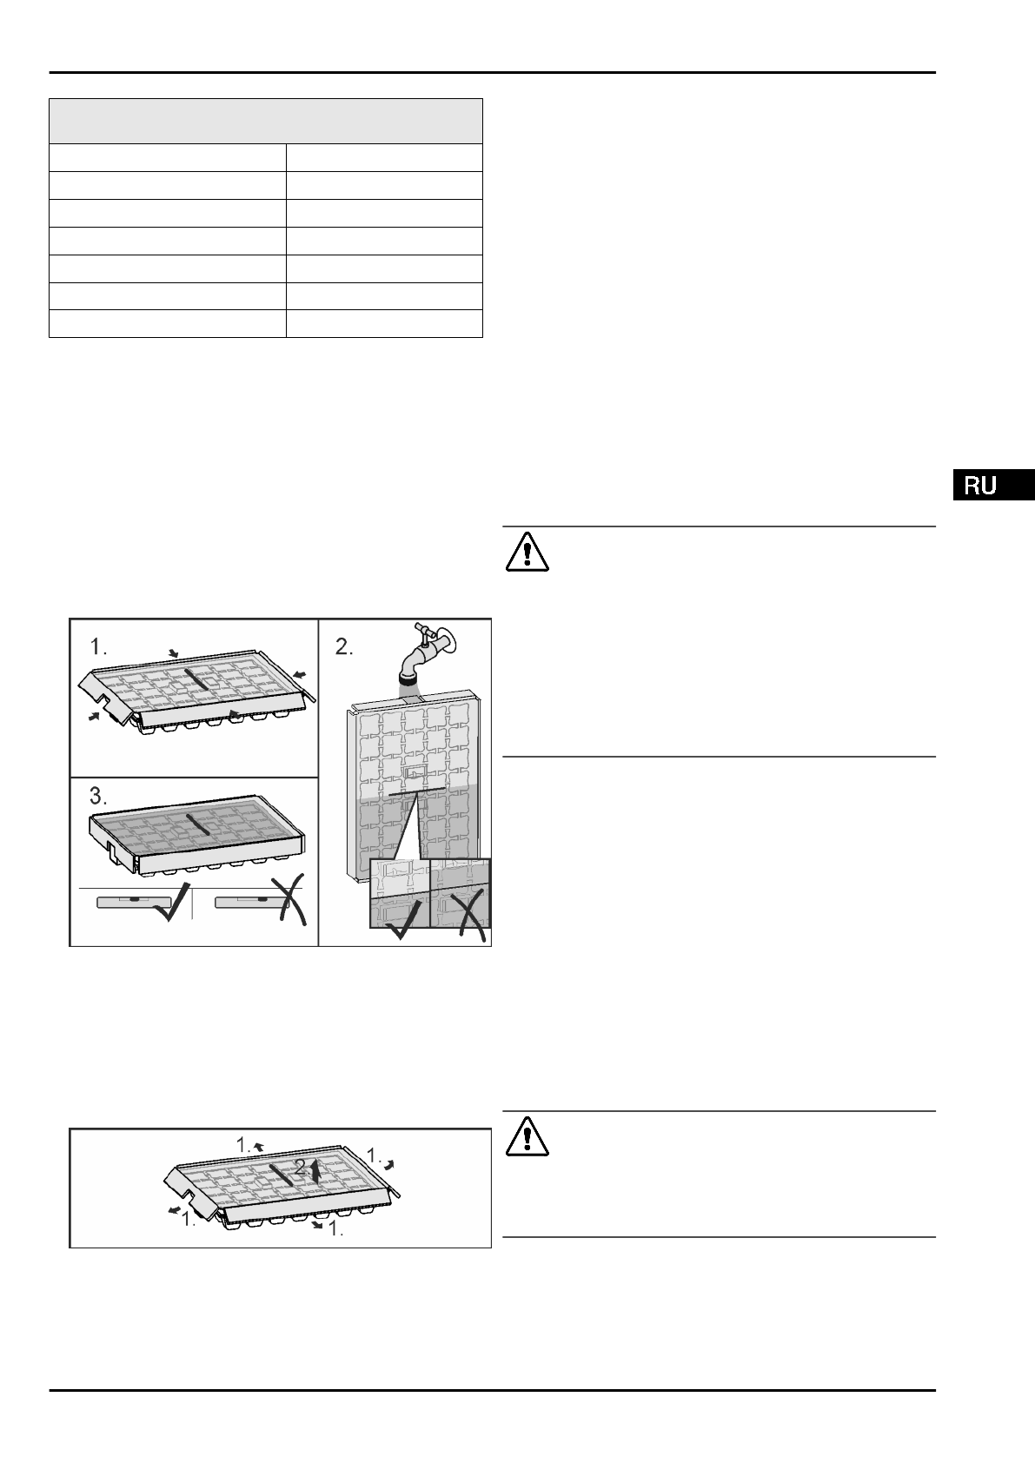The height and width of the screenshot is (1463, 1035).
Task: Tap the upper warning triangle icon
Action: pos(526,550)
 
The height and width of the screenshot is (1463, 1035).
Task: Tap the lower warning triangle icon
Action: pos(526,1135)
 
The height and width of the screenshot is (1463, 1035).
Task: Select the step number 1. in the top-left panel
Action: pos(100,647)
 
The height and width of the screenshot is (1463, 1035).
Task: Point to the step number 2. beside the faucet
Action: pos(345,647)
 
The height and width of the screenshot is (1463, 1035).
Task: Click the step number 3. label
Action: pos(100,795)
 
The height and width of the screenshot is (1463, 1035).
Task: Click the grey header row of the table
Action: pos(265,121)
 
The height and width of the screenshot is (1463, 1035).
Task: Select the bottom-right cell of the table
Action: pos(383,323)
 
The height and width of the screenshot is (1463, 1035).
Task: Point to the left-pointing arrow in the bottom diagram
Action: pos(174,1209)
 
